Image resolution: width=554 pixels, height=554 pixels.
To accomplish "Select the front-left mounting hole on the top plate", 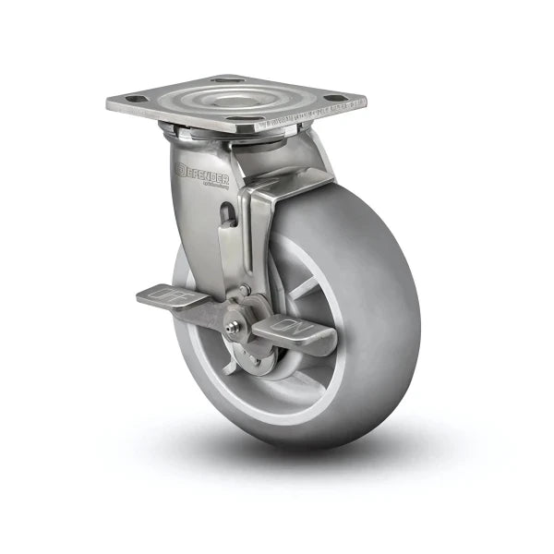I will point(133,99).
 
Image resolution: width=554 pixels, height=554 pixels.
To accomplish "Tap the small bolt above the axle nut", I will point(244,294).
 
